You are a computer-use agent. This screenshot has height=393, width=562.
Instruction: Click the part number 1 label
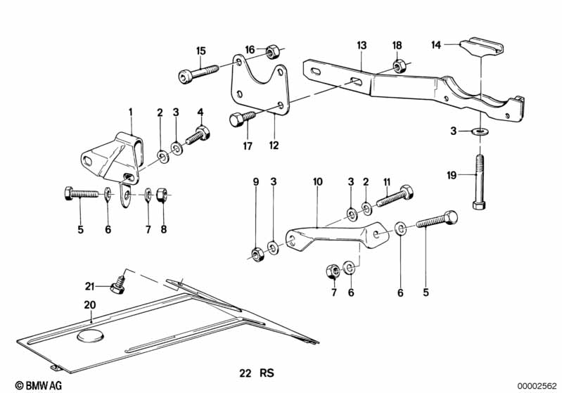click(x=130, y=111)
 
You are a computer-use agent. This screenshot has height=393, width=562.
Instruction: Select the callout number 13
click(x=361, y=45)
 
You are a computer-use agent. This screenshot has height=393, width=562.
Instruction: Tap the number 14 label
click(x=437, y=44)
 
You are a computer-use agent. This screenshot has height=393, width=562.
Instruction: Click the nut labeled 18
click(x=397, y=67)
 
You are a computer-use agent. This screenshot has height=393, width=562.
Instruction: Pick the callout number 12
click(x=274, y=146)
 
